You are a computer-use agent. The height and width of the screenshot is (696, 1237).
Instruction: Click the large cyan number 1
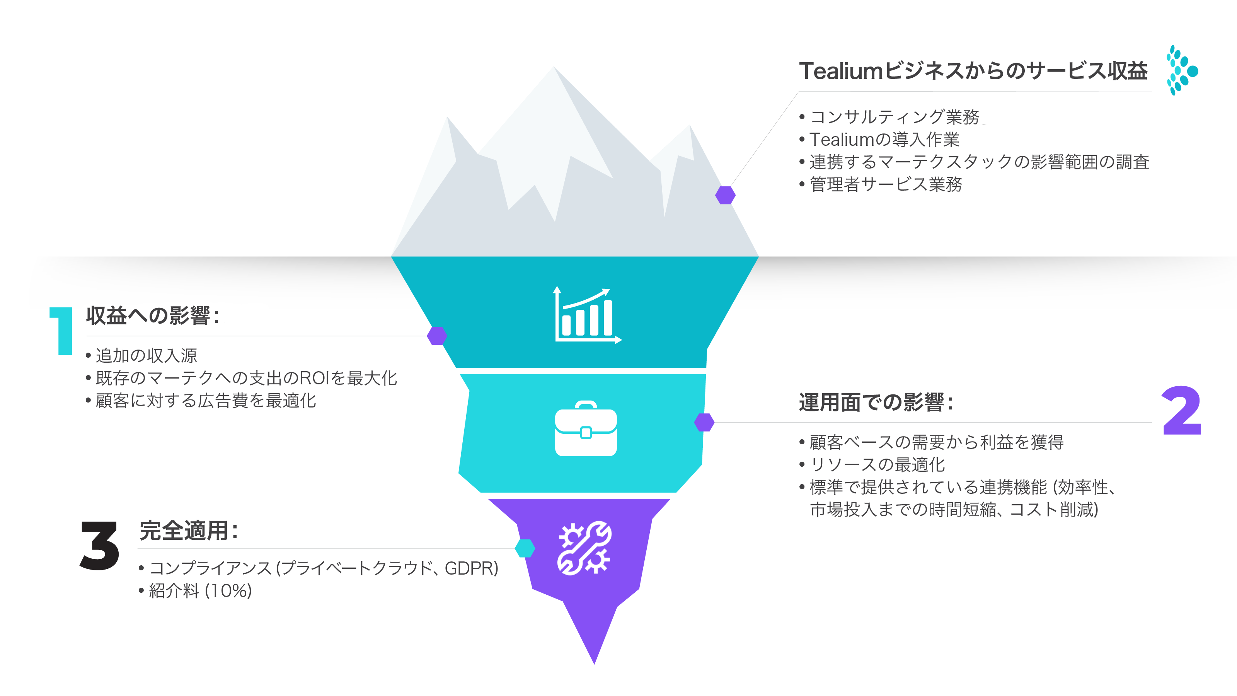(x=61, y=331)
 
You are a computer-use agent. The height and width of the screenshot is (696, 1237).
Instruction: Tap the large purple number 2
(x=1182, y=410)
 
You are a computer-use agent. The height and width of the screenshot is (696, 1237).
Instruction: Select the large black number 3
(x=99, y=546)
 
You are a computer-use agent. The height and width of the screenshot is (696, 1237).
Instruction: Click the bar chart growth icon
(x=587, y=315)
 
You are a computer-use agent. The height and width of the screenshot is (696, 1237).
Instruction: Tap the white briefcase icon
(x=586, y=428)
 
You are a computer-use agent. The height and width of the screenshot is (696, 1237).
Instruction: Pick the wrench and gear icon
(x=584, y=548)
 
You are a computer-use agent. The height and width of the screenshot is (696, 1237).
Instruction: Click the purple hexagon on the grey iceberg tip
(x=725, y=195)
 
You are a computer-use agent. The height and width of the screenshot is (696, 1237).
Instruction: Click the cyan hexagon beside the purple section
(x=525, y=548)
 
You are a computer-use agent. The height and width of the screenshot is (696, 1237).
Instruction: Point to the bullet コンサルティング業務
(x=889, y=117)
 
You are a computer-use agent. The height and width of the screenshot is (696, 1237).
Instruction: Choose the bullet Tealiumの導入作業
(x=879, y=139)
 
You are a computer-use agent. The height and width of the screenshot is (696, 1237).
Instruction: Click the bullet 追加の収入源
(x=141, y=355)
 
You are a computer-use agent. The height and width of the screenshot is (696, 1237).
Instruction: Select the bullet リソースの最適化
(x=872, y=464)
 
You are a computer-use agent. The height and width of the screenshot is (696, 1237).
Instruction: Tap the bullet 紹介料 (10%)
(x=196, y=591)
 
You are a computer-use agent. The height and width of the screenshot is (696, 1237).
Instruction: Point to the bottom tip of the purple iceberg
(x=594, y=665)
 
